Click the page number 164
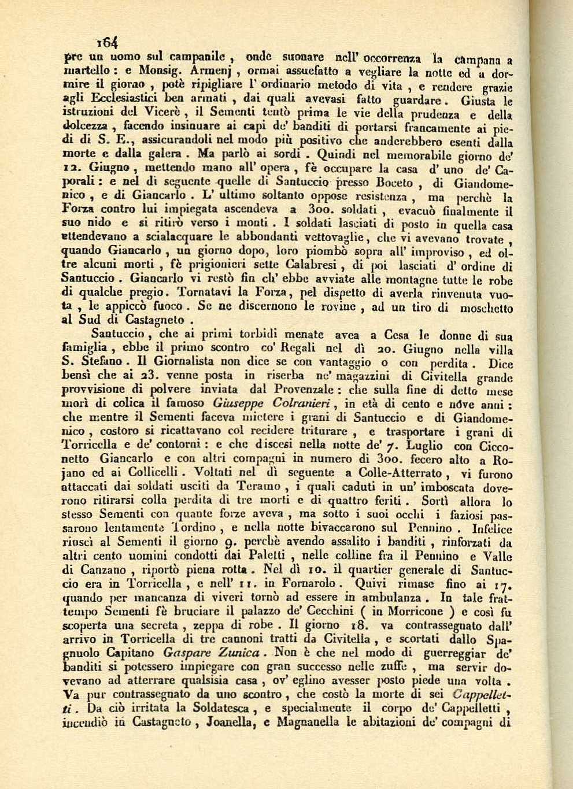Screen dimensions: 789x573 108,42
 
